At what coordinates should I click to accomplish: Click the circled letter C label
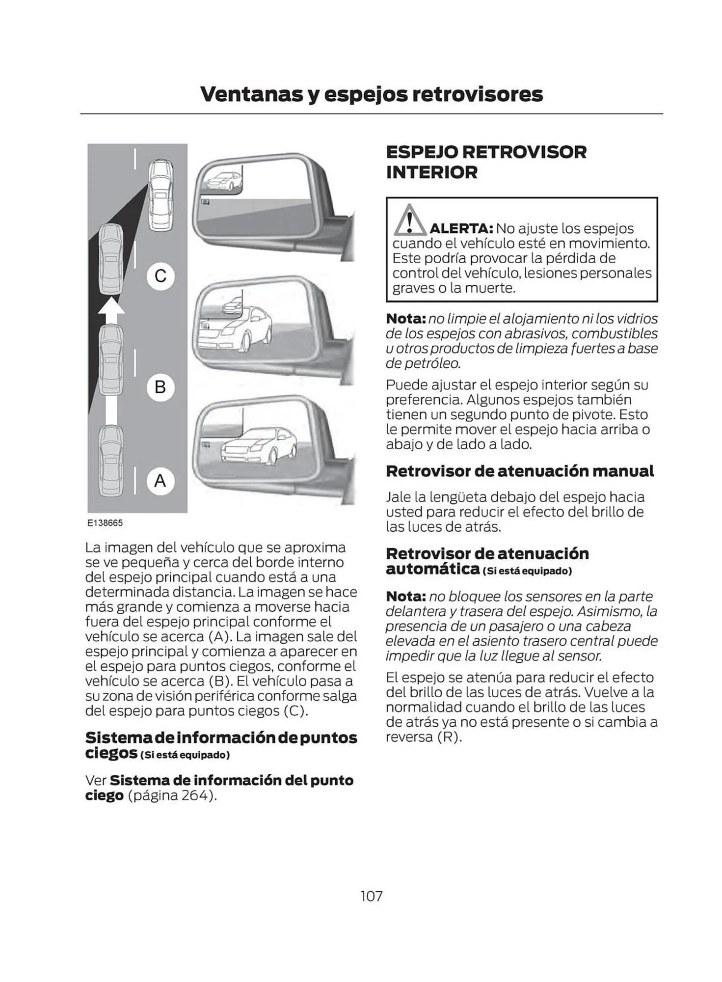pyautogui.click(x=160, y=276)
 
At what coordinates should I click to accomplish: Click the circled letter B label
pyautogui.click(x=160, y=387)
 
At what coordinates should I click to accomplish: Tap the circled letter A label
pyautogui.click(x=160, y=480)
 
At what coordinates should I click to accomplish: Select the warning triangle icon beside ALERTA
pyautogui.click(x=409, y=221)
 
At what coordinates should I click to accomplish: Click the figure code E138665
pyautogui.click(x=105, y=523)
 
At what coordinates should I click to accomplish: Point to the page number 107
pyautogui.click(x=371, y=896)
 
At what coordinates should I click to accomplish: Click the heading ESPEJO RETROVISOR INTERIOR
pyautogui.click(x=485, y=162)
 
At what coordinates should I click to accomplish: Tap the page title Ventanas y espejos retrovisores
pyautogui.click(x=371, y=94)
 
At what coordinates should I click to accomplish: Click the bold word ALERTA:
pyautogui.click(x=461, y=228)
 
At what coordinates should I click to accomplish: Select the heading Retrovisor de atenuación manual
pyautogui.click(x=519, y=471)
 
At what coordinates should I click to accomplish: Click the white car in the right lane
pyautogui.click(x=160, y=194)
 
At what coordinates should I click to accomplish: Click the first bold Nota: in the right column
pyautogui.click(x=405, y=319)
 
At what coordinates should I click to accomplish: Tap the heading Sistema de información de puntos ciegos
pyautogui.click(x=221, y=745)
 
